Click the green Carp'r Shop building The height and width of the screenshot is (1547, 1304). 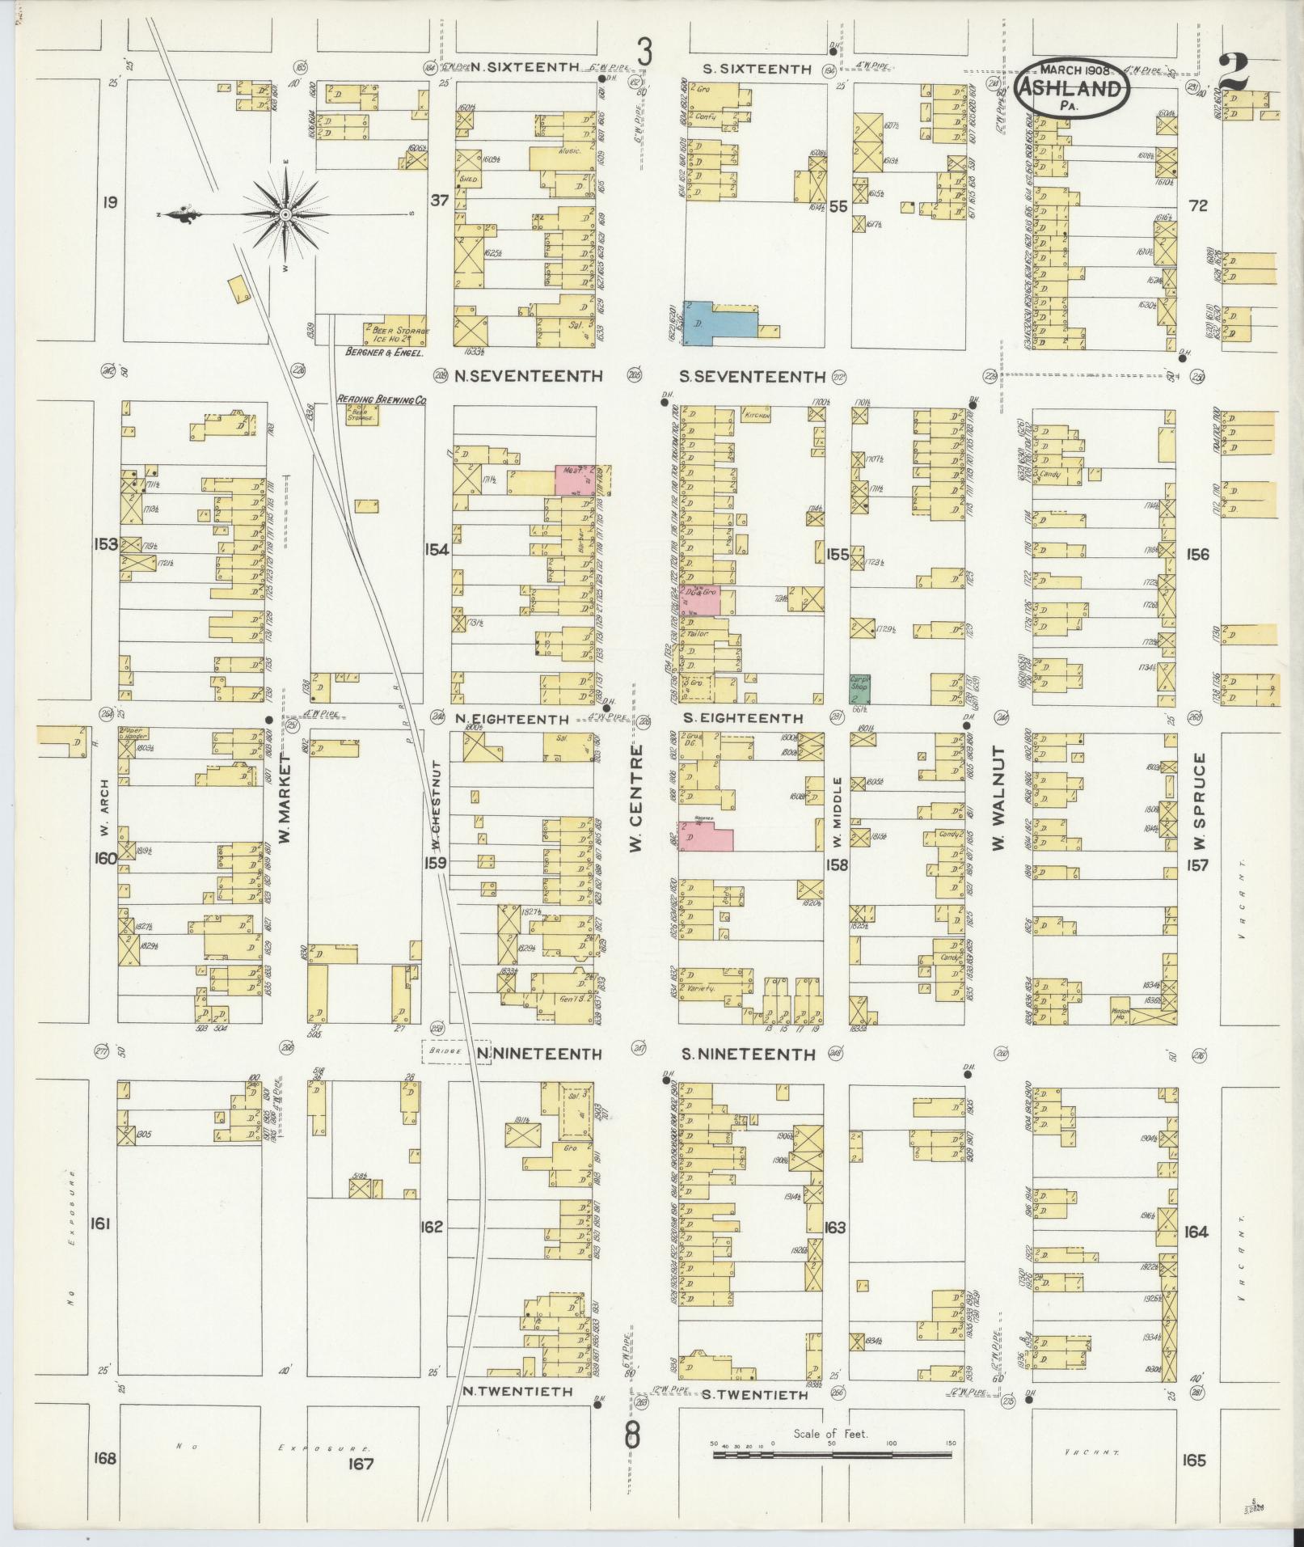tap(859, 687)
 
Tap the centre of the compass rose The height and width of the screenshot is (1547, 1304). tap(285, 214)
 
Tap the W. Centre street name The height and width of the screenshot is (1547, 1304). tap(636, 798)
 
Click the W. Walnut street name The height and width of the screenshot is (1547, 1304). tap(999, 799)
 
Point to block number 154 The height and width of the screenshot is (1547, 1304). tap(437, 550)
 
